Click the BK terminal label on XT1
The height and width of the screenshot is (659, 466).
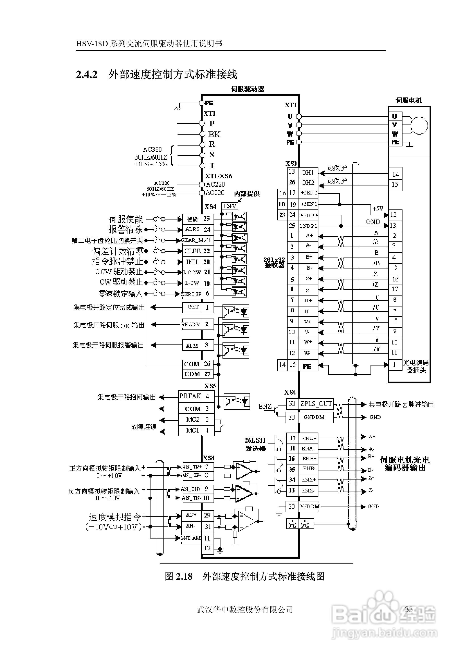pyautogui.click(x=214, y=134)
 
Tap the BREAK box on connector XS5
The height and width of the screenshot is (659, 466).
pyautogui.click(x=190, y=396)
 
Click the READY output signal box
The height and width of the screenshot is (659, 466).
pyautogui.click(x=191, y=324)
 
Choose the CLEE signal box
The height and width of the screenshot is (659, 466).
pyautogui.click(x=192, y=251)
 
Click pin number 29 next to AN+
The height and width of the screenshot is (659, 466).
pyautogui.click(x=207, y=515)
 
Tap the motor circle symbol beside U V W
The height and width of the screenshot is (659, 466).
pyautogui.click(x=419, y=125)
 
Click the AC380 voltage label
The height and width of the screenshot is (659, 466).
pyautogui.click(x=152, y=150)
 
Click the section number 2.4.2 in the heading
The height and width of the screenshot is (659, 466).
pyautogui.click(x=87, y=75)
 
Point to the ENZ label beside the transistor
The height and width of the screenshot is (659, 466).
pyautogui.click(x=265, y=406)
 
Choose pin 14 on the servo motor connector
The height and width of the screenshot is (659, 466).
pyautogui.click(x=395, y=174)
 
